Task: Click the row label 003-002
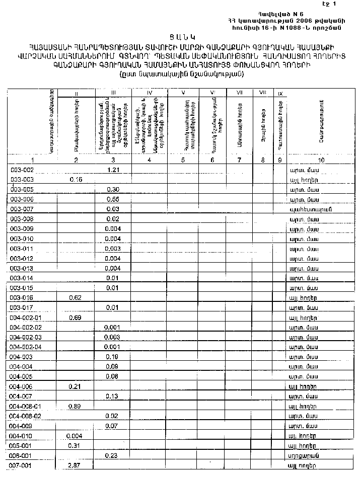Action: tap(22, 170)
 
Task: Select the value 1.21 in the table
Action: tap(112, 170)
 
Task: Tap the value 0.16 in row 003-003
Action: tap(77, 179)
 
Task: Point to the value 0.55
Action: tap(112, 199)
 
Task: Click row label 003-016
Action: tap(22, 298)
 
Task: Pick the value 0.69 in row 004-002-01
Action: tap(76, 318)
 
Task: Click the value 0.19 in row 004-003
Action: tap(112, 357)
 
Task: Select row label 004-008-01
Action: tap(26, 406)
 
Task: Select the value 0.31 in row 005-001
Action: tap(76, 446)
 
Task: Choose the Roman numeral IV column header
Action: tap(149, 93)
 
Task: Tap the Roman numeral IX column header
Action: tap(280, 94)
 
